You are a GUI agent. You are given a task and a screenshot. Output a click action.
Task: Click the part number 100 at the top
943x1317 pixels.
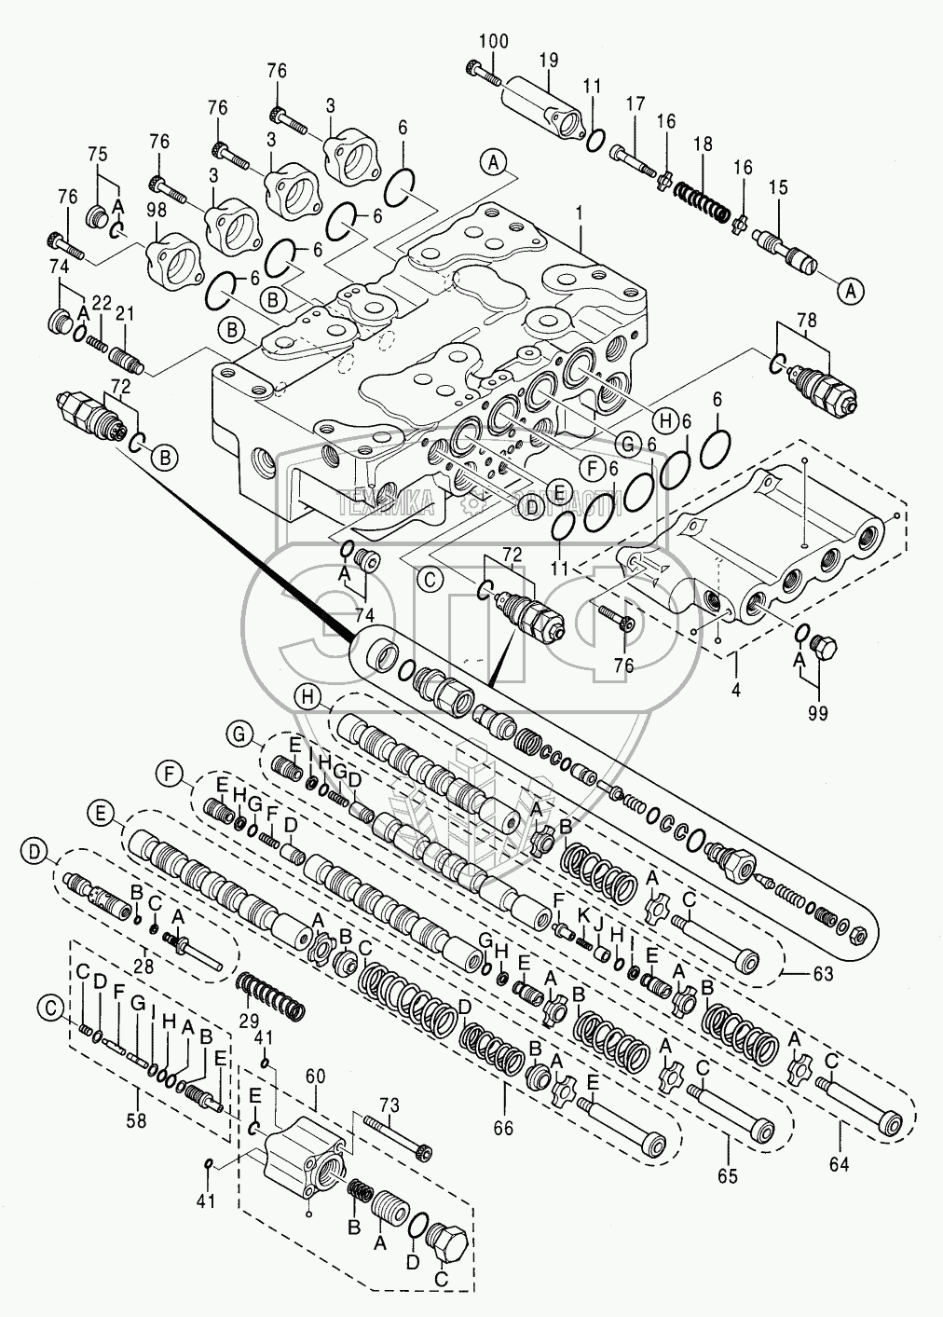(495, 41)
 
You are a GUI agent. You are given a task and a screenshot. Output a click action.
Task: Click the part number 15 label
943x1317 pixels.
(777, 187)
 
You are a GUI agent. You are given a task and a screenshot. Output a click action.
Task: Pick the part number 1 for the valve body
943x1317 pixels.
(579, 213)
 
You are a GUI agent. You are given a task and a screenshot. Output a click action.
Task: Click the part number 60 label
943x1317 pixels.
(315, 1076)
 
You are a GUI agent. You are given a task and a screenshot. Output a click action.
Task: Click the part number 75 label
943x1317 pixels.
(98, 155)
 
